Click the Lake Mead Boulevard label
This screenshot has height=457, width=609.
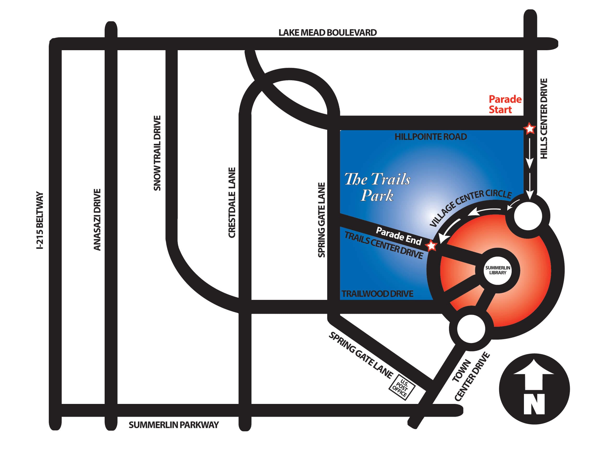[x=327, y=32]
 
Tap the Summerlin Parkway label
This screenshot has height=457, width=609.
[x=174, y=425]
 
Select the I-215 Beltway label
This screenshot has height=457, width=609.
[x=40, y=220]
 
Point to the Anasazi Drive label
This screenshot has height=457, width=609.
[x=97, y=220]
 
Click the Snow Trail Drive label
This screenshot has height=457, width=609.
[x=157, y=153]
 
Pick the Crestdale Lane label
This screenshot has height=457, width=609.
[x=232, y=202]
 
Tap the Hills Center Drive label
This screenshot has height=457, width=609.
[x=544, y=119]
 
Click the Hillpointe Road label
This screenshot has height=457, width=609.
[x=431, y=137]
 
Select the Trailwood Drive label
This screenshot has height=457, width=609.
[x=378, y=294]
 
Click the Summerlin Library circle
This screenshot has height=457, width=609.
[x=498, y=270]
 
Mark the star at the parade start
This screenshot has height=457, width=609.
[x=529, y=129]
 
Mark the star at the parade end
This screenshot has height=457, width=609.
[x=431, y=245]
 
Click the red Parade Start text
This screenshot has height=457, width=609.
[x=505, y=104]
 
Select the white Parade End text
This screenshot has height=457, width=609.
[x=399, y=236]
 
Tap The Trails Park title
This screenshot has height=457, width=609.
[x=377, y=187]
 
